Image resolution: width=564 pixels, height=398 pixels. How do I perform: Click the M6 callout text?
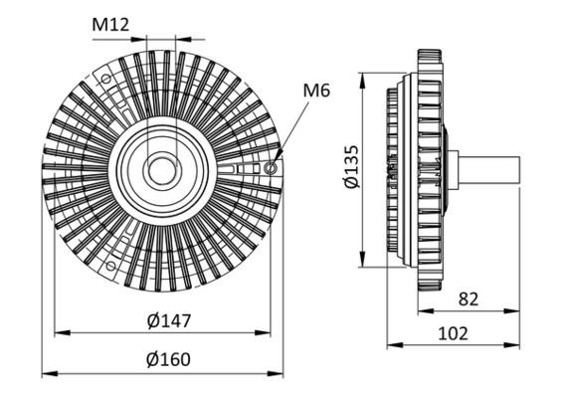(x=317, y=91)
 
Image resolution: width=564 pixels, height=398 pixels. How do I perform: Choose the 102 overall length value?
(x=453, y=333)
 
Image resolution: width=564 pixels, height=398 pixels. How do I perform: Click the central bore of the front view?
(x=160, y=170)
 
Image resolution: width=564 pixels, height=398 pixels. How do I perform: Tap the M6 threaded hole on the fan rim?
(x=271, y=169)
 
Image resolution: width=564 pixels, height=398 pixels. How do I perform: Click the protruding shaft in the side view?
(x=488, y=169)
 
